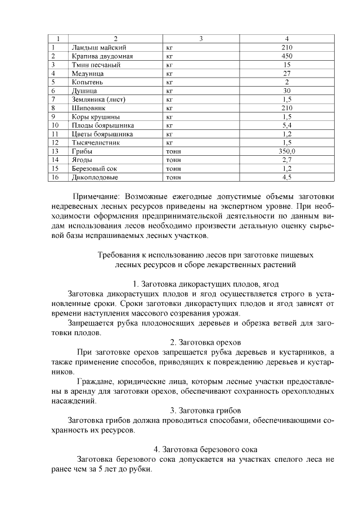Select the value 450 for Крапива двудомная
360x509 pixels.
tap(286, 56)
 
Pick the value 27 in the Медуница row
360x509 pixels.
tap(286, 73)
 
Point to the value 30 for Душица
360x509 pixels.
tap(286, 91)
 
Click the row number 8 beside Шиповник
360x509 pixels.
tap(52, 108)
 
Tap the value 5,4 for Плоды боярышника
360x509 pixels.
tap(286, 125)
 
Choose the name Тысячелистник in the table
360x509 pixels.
tap(96, 143)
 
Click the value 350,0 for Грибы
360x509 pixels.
tap(286, 151)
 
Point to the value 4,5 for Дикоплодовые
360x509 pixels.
tap(286, 177)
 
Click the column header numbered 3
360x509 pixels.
tap(201, 39)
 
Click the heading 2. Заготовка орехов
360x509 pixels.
tap(205, 342)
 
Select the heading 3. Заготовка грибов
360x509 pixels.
tap(205, 410)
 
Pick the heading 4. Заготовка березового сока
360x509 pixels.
tap(205, 449)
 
